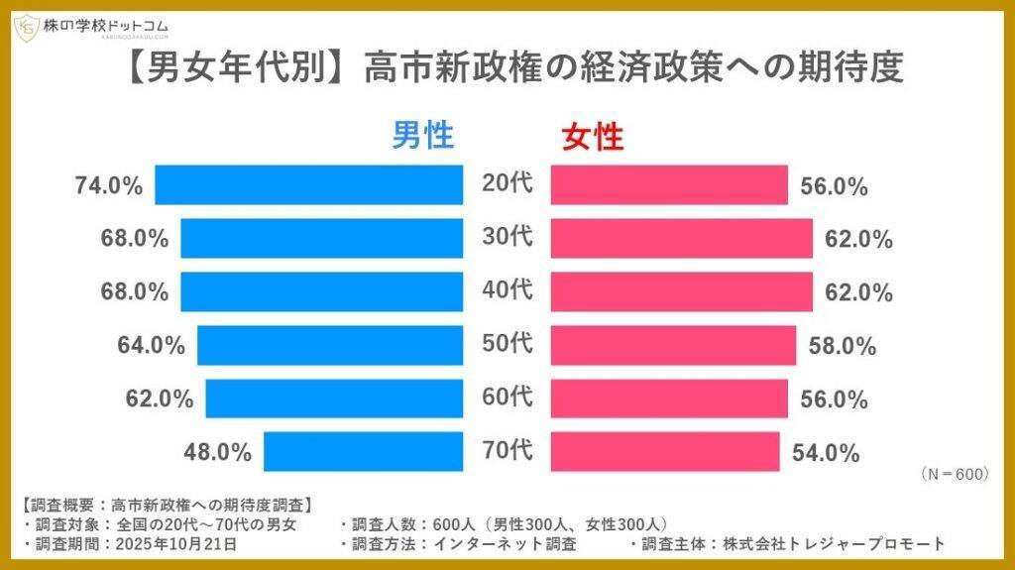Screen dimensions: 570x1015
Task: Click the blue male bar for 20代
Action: [x=309, y=184]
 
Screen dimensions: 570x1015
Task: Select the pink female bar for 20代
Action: [x=669, y=184]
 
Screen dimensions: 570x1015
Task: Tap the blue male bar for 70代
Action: [x=363, y=451]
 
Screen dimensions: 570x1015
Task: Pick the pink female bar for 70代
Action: [x=665, y=451]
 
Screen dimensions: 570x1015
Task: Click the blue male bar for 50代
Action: [x=330, y=344]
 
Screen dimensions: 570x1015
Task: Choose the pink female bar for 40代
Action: [x=682, y=291]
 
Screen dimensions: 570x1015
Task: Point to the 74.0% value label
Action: [x=109, y=185]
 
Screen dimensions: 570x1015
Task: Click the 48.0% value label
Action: [x=218, y=452]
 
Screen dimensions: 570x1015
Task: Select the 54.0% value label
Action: [x=826, y=453]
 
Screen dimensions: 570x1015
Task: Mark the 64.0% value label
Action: [x=151, y=345]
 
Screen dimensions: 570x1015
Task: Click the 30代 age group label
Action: [x=507, y=237]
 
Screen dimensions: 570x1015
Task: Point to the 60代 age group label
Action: [x=507, y=398]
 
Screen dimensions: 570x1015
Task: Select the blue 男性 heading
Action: [x=422, y=135]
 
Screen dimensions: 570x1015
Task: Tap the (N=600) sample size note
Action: [x=955, y=474]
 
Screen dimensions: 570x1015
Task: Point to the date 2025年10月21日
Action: [x=176, y=543]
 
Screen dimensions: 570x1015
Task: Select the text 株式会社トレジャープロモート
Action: [x=834, y=543]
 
